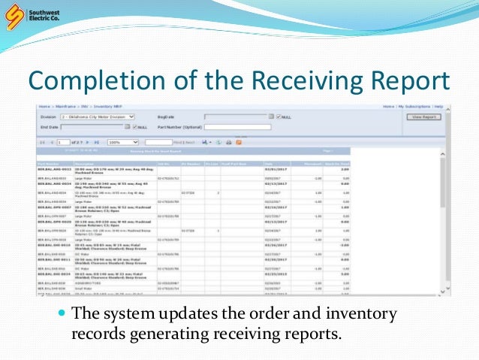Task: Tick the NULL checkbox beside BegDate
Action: click(279, 117)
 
